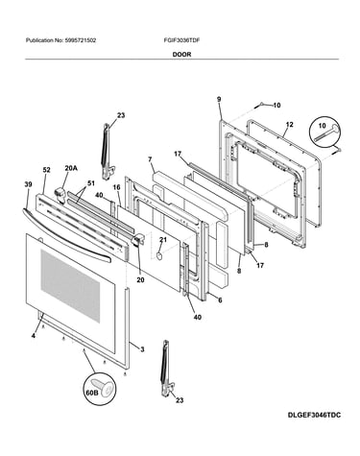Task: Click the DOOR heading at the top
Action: pos(181,55)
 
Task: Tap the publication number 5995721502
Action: pos(81,40)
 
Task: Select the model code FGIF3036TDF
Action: pos(181,40)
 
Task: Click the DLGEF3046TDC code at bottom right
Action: pos(314,415)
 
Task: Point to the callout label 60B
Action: pos(91,393)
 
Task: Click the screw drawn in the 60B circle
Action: pos(104,387)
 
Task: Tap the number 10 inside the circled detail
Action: pos(322,126)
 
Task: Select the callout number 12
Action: pos(289,125)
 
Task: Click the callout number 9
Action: pos(219,99)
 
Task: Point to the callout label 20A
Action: pos(71,168)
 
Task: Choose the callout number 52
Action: pos(46,170)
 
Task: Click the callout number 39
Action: pos(28,183)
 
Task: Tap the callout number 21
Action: pos(163,239)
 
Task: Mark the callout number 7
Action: pos(150,159)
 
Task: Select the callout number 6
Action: pos(220,300)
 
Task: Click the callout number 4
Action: pos(34,336)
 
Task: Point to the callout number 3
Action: pos(142,349)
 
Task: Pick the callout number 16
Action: pos(116,187)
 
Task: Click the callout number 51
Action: pos(91,183)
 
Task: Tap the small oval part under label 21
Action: pos(159,255)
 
